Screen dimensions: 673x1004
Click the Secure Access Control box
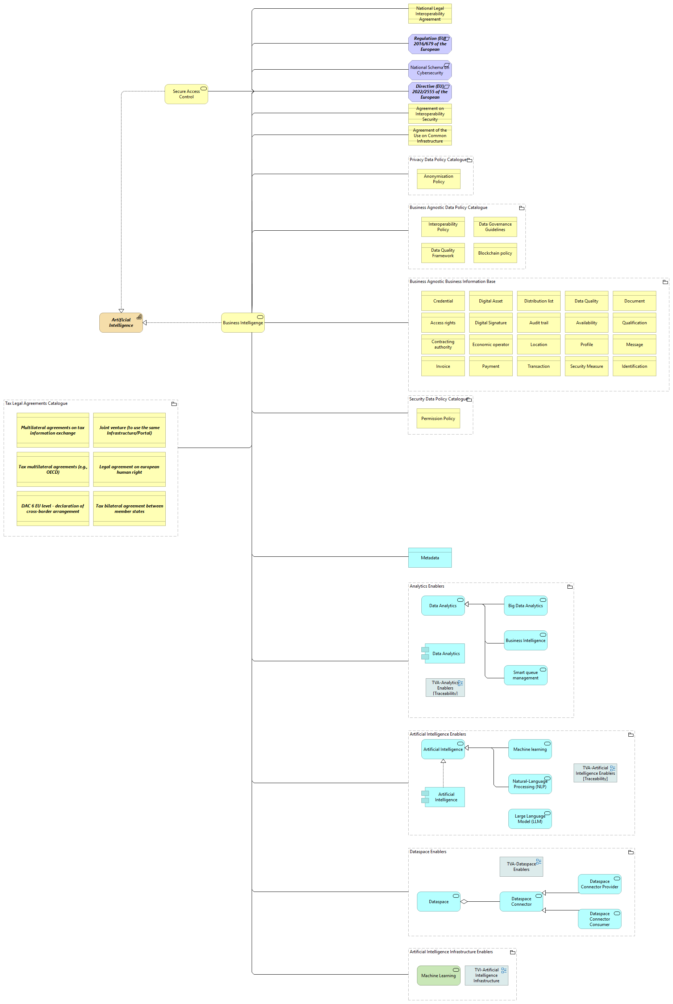[186, 94]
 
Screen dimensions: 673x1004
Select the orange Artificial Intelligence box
[121, 322]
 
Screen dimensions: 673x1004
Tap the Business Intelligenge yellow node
[243, 322]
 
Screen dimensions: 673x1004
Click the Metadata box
[430, 557]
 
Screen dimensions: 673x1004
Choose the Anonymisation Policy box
[439, 179]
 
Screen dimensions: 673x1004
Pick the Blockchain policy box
[495, 253]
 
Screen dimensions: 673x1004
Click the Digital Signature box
[491, 323]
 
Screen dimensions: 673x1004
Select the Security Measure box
[586, 366]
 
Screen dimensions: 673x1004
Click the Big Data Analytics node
[525, 605]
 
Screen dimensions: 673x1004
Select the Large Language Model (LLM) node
[530, 819]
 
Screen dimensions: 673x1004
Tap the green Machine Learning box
[439, 975]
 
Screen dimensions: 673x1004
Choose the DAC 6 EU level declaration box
[53, 508]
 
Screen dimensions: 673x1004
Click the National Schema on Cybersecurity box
[430, 70]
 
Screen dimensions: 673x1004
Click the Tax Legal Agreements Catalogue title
[37, 403]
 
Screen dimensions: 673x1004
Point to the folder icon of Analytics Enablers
[570, 587]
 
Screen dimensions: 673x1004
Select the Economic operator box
[491, 344]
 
